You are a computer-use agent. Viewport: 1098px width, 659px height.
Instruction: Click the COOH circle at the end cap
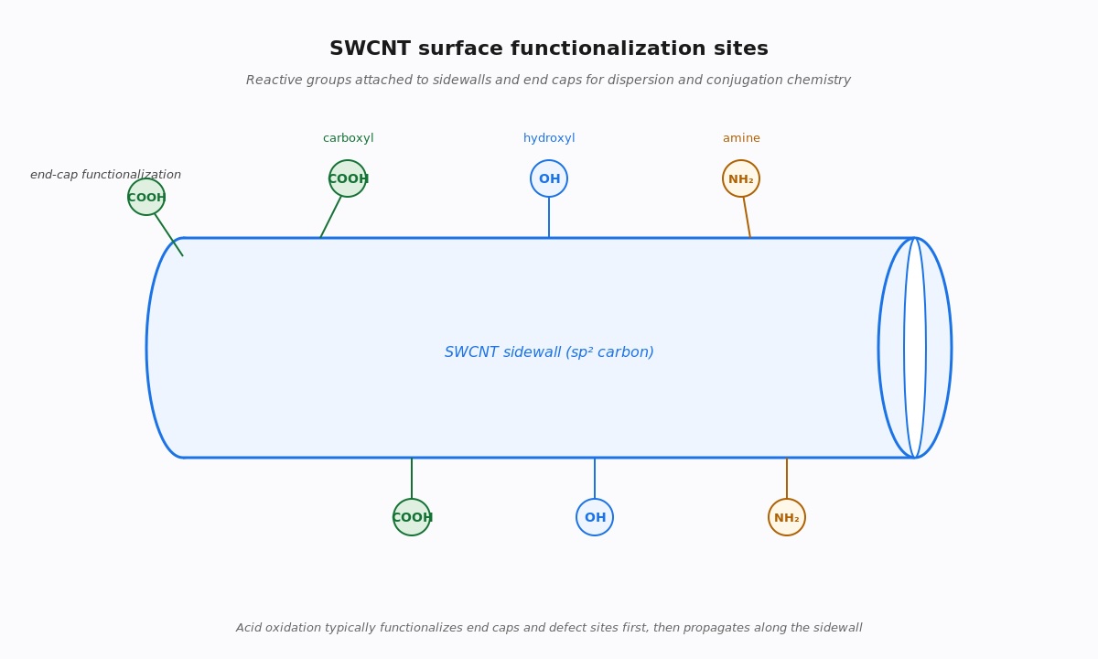click(x=146, y=197)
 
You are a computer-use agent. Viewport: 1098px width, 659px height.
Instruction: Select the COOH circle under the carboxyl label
click(x=348, y=178)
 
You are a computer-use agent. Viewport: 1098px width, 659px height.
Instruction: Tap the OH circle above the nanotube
click(x=549, y=178)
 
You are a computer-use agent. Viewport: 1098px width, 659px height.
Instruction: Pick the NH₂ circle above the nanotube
click(x=741, y=178)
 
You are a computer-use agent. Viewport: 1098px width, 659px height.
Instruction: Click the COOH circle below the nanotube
click(x=412, y=517)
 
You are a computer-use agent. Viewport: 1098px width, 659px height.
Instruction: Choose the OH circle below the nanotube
click(x=595, y=517)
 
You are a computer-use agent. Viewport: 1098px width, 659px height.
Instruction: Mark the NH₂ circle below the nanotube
click(x=787, y=517)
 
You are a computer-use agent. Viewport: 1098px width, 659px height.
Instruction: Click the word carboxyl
click(x=348, y=138)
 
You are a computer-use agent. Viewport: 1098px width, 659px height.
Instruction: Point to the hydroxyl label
click(x=549, y=138)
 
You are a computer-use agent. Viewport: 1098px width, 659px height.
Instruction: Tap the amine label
click(x=741, y=138)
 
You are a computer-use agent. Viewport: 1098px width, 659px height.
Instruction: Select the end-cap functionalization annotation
click(x=105, y=175)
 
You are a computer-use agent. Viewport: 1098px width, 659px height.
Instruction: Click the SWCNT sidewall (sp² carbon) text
click(x=549, y=352)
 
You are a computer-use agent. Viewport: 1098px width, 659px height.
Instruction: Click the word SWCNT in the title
click(x=370, y=49)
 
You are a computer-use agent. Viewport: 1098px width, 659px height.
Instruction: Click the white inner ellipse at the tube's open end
click(x=915, y=348)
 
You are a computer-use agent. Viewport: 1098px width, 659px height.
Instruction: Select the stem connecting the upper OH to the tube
click(x=549, y=218)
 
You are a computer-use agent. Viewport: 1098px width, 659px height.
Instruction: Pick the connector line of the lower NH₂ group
click(x=787, y=478)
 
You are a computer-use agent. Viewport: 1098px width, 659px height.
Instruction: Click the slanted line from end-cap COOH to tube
click(x=169, y=235)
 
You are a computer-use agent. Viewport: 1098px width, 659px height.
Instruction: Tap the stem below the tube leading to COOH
click(x=412, y=478)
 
